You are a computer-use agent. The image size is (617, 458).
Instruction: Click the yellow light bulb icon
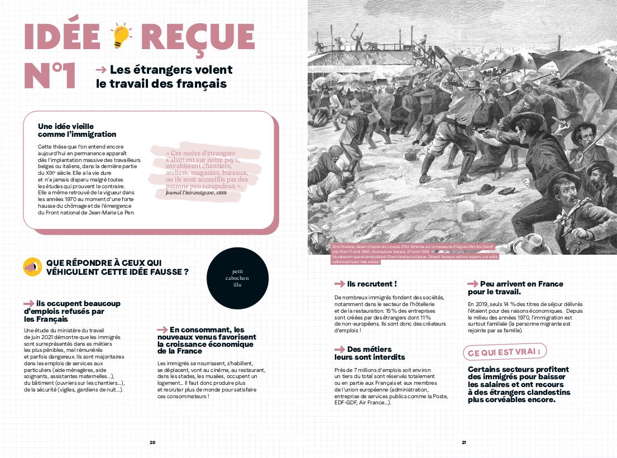tap(121, 36)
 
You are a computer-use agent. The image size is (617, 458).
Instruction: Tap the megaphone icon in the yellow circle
tap(32, 267)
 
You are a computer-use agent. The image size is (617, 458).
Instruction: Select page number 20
tap(152, 442)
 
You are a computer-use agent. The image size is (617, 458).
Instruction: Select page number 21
tap(463, 442)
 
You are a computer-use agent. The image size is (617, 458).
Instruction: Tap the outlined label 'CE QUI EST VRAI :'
tap(505, 352)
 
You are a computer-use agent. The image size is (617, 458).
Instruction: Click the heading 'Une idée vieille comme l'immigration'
tap(77, 130)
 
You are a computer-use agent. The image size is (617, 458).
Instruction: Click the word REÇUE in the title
tap(198, 36)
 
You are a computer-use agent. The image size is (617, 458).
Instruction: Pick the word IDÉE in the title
tap(62, 36)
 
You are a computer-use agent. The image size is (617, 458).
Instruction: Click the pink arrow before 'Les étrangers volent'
tap(101, 70)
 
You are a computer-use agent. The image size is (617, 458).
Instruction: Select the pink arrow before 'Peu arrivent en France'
tap(473, 284)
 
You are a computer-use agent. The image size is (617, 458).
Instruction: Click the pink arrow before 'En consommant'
tap(162, 330)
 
